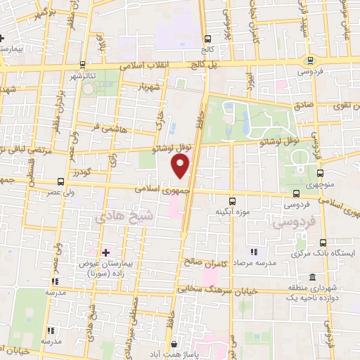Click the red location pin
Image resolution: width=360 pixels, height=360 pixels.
click(181, 165)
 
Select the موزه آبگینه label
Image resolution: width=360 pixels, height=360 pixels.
click(229, 211)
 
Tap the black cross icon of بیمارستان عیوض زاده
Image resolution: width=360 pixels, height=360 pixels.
click(105, 251)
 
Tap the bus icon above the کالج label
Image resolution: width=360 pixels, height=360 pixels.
click(207, 39)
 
